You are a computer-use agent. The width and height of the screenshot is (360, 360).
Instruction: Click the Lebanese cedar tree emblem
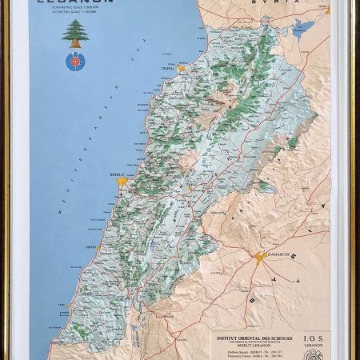76,34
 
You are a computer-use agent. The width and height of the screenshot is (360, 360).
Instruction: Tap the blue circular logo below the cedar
77,60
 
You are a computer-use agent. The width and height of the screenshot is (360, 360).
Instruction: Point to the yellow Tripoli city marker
182,69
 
